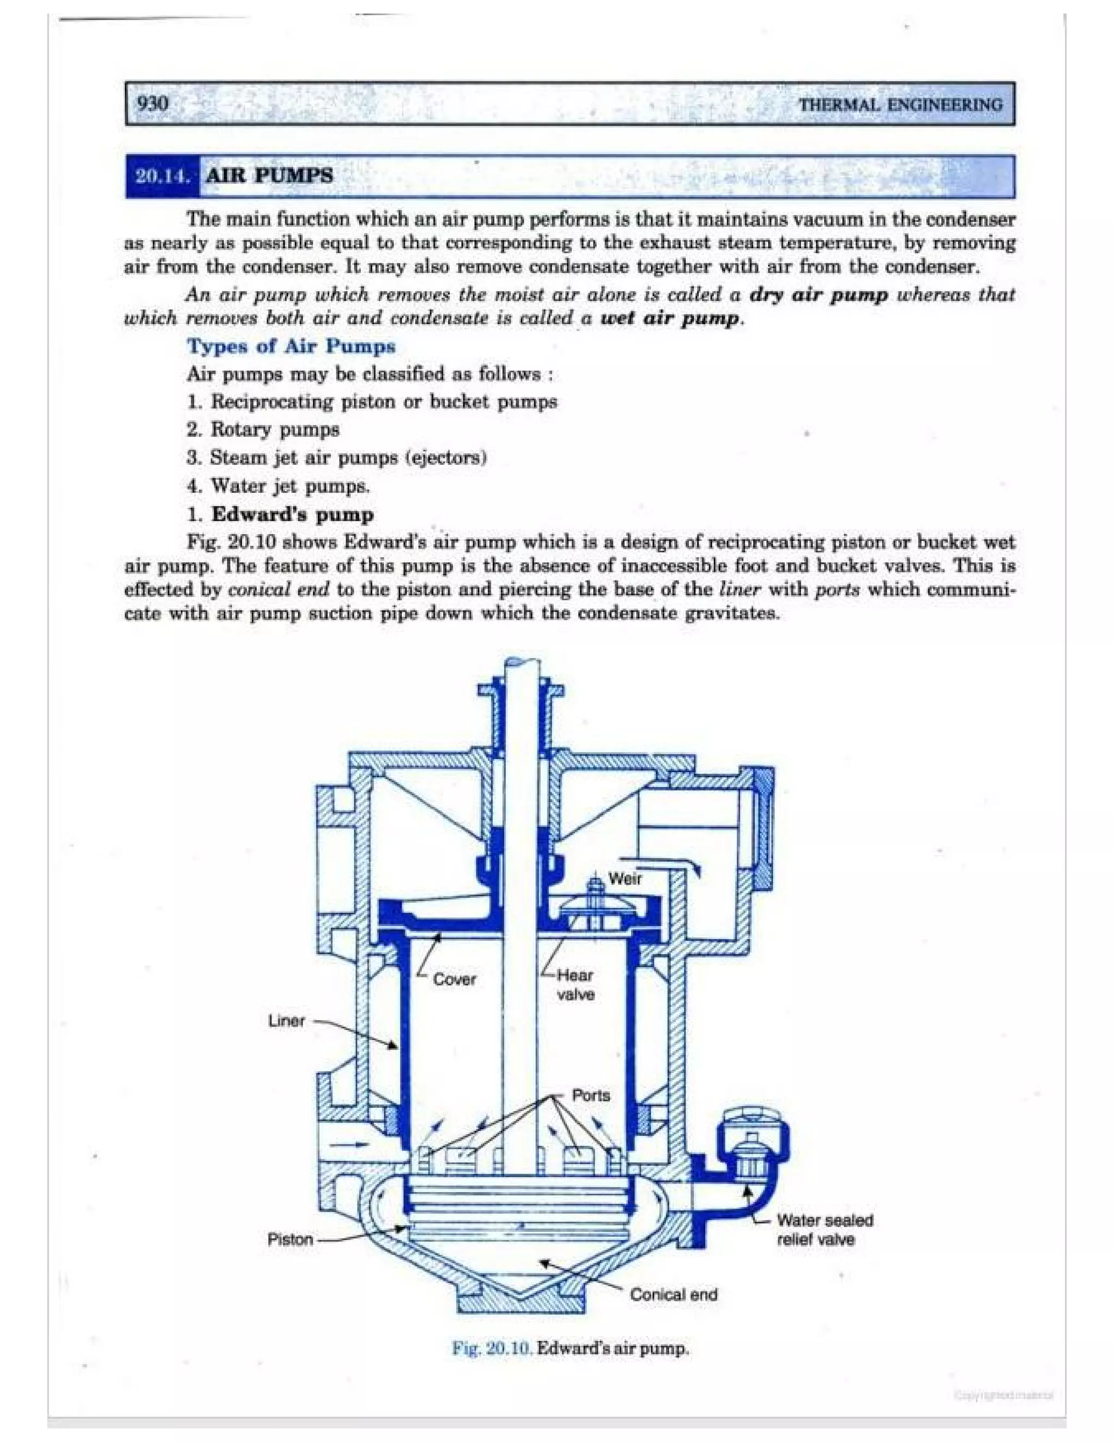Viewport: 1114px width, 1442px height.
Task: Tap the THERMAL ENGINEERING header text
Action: point(901,105)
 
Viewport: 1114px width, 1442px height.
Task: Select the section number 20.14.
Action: point(162,176)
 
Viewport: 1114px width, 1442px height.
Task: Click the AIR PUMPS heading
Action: point(270,176)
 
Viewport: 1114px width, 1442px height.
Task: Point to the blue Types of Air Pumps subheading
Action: point(291,346)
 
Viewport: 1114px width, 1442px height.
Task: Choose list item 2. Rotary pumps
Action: point(263,430)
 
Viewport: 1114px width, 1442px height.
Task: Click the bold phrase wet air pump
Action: point(671,319)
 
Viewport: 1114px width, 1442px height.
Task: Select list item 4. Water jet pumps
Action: point(278,486)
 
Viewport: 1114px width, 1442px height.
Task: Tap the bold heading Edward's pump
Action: point(292,514)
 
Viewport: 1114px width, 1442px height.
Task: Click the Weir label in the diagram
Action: point(624,878)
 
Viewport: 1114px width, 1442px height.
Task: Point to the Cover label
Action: point(454,979)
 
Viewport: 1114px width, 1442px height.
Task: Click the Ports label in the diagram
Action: point(591,1095)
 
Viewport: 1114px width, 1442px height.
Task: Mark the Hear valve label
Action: point(575,984)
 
